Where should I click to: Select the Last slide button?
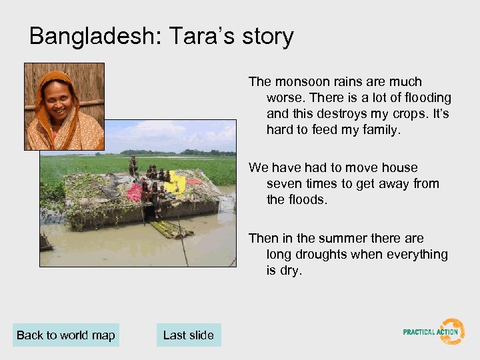coord(188,335)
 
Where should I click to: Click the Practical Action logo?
coord(434,331)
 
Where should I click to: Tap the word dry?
coord(291,270)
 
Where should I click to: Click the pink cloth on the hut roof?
coord(135,193)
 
